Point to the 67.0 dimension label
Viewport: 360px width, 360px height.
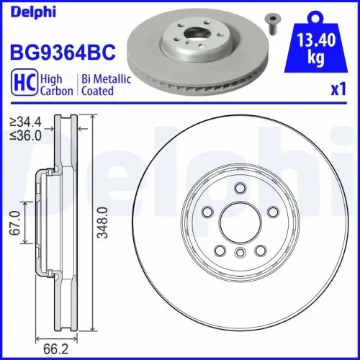(13, 224)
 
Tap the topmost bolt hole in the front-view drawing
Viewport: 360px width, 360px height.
(238, 188)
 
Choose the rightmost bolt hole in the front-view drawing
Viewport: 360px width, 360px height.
(272, 213)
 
